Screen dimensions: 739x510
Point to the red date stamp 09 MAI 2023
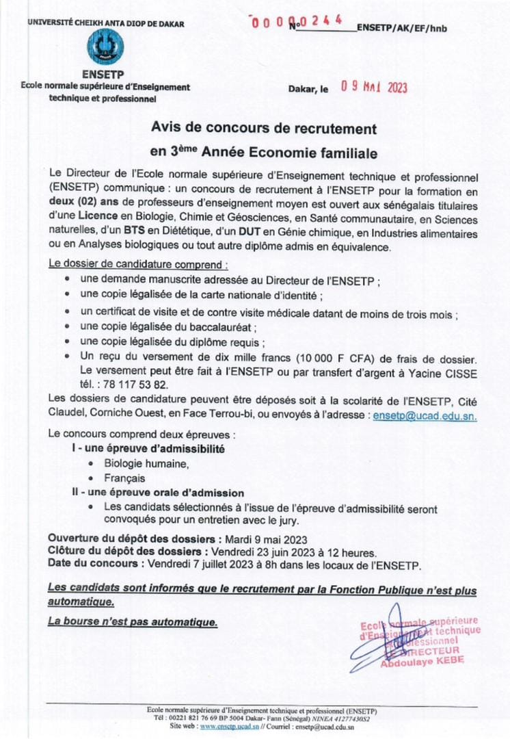click(x=374, y=87)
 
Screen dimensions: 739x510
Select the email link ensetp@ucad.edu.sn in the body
click(x=425, y=415)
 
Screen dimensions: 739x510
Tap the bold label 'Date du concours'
click(x=92, y=565)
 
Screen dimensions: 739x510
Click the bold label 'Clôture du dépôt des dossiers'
click(x=124, y=552)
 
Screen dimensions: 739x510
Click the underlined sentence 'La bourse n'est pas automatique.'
click(x=133, y=621)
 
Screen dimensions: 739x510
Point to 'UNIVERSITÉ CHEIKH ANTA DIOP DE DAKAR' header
click(x=106, y=23)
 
